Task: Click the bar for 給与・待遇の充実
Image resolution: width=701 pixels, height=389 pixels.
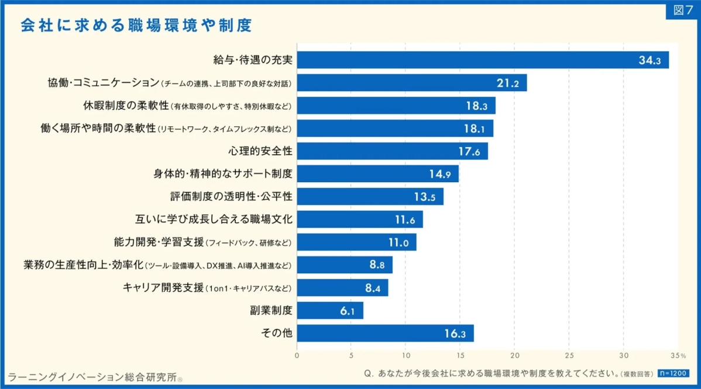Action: tap(483, 60)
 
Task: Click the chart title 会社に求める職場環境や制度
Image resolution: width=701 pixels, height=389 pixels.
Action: tap(136, 26)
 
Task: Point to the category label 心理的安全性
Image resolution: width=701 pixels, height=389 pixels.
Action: tap(260, 151)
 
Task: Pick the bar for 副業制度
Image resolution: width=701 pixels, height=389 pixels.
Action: tap(330, 311)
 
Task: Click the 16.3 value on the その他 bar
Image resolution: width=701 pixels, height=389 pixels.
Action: tap(455, 334)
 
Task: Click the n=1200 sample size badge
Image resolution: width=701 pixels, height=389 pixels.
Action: tap(673, 373)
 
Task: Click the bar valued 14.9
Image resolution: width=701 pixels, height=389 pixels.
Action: tap(377, 174)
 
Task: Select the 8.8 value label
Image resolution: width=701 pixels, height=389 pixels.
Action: tap(377, 265)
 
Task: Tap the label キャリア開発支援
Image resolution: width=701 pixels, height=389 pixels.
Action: tap(163, 288)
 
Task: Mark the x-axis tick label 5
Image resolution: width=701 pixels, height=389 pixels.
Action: tap(351, 355)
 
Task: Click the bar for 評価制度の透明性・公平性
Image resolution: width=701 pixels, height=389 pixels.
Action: tap(370, 197)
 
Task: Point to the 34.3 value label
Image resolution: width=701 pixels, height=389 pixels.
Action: tap(650, 60)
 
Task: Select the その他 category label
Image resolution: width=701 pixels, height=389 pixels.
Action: tap(276, 334)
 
